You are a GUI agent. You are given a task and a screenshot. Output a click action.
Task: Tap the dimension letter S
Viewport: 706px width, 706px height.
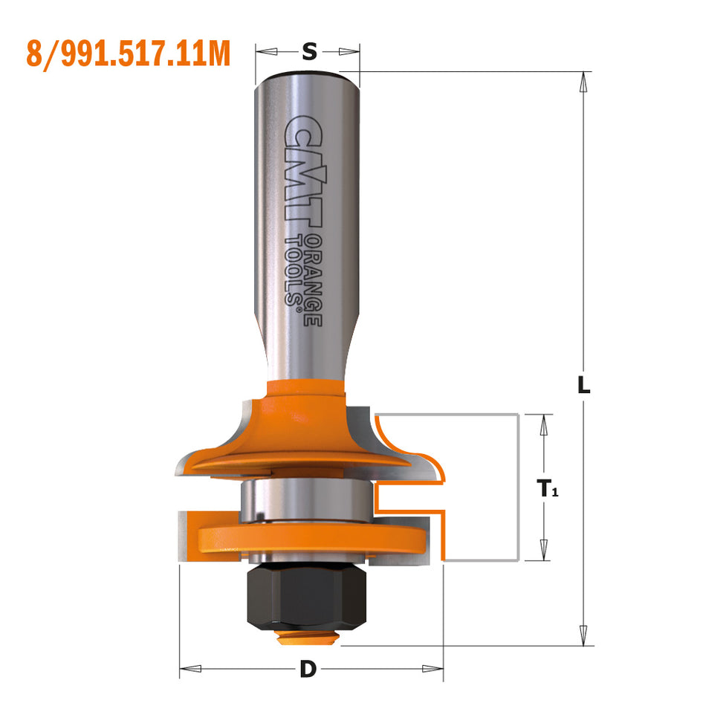pos(309,52)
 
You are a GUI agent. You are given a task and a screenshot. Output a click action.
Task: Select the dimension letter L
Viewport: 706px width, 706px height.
pos(584,385)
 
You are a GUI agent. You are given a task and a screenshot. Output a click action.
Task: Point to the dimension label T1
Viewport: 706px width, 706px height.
pos(547,489)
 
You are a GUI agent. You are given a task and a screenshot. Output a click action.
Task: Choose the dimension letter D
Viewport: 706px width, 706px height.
pos(308,669)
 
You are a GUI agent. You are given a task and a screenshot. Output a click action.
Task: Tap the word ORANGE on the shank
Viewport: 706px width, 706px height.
pos(314,281)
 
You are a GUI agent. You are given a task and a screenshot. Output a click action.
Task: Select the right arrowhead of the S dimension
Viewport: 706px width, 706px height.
pos(349,52)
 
